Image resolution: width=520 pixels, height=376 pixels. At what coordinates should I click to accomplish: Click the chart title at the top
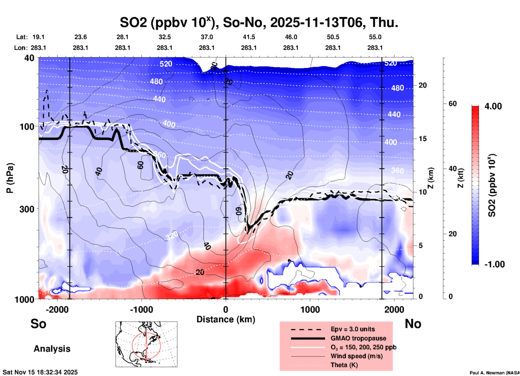pyautogui.click(x=259, y=23)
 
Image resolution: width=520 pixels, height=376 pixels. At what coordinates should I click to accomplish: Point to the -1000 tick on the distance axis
pyautogui.click(x=141, y=310)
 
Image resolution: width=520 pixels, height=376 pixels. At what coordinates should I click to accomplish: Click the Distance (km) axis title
pyautogui.click(x=226, y=319)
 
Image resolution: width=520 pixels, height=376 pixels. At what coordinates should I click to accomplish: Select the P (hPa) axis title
pyautogui.click(x=10, y=178)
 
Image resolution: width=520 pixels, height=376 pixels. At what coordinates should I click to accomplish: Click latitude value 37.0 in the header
pyautogui.click(x=207, y=37)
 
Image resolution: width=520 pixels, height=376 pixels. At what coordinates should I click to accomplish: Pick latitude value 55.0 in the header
pyautogui.click(x=375, y=37)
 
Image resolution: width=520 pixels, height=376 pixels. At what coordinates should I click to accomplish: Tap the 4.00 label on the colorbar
pyautogui.click(x=493, y=106)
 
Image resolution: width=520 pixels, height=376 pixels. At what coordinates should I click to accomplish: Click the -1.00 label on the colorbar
pyautogui.click(x=494, y=264)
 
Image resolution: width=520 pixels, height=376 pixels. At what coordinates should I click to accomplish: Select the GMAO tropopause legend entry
pyautogui.click(x=358, y=338)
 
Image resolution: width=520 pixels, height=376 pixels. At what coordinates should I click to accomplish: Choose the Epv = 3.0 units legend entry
pyautogui.click(x=353, y=329)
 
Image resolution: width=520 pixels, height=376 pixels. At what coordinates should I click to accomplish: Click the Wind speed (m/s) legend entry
pyautogui.click(x=356, y=356)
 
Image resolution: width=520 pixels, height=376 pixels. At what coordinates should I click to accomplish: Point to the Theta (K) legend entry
pyautogui.click(x=344, y=365)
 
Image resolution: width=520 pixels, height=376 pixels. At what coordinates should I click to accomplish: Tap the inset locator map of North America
pyautogui.click(x=146, y=344)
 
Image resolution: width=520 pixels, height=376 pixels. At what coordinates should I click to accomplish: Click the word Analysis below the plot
pyautogui.click(x=52, y=349)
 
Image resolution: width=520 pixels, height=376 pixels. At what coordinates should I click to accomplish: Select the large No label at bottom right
pyautogui.click(x=413, y=324)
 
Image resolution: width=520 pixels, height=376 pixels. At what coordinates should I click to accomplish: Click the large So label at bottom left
pyautogui.click(x=38, y=324)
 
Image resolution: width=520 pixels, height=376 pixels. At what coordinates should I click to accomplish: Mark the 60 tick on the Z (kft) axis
pyautogui.click(x=453, y=104)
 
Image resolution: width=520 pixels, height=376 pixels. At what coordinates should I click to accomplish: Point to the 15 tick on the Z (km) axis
pyautogui.click(x=422, y=139)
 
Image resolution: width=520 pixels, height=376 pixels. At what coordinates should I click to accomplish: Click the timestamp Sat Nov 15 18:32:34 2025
pyautogui.click(x=40, y=372)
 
